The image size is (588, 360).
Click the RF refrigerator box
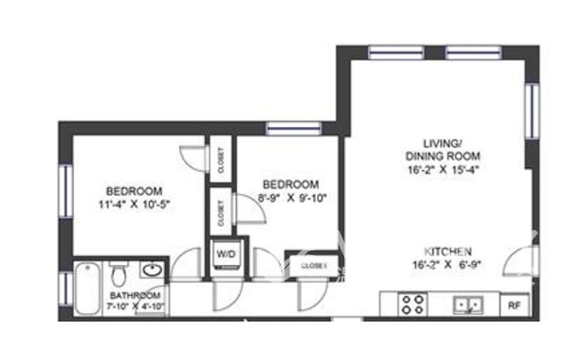(x=513, y=303)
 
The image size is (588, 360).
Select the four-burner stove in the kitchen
(x=412, y=303)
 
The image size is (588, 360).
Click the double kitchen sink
(x=468, y=303)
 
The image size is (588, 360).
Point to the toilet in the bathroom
(x=118, y=276)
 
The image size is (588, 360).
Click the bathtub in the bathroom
(x=87, y=288)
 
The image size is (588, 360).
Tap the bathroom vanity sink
(x=152, y=270)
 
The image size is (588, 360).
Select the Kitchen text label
(x=448, y=251)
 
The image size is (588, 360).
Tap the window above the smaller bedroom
(x=293, y=128)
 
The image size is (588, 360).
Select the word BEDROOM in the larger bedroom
(x=133, y=190)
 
